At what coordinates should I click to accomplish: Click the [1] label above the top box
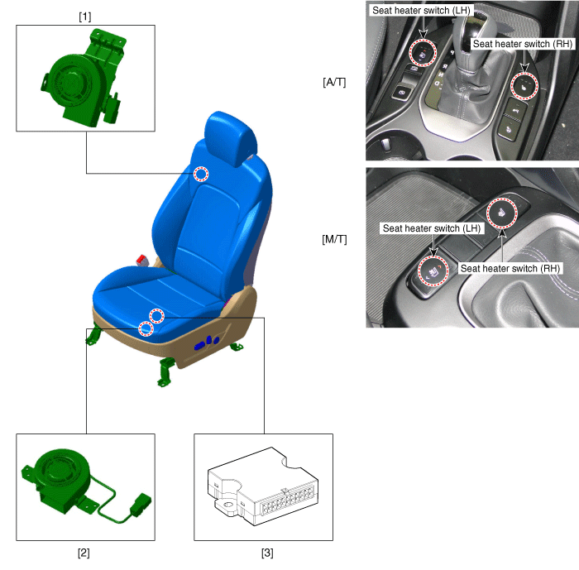pyautogui.click(x=85, y=17)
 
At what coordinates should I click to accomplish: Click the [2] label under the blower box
pyautogui.click(x=84, y=553)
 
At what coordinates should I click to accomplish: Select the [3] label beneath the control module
pyautogui.click(x=267, y=553)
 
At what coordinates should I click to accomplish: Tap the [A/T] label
pyautogui.click(x=334, y=82)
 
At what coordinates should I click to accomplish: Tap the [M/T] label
pyautogui.click(x=334, y=239)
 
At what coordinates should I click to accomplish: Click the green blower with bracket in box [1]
pyautogui.click(x=84, y=79)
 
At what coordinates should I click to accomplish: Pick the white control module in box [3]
pyautogui.click(x=263, y=486)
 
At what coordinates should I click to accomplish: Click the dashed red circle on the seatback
pyautogui.click(x=201, y=174)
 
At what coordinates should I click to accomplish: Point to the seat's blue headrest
pyautogui.click(x=231, y=138)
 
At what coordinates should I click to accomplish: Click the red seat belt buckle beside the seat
pyautogui.click(x=141, y=260)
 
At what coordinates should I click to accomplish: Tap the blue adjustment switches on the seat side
pyautogui.click(x=207, y=342)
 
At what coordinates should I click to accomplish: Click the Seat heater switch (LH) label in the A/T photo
pyautogui.click(x=421, y=11)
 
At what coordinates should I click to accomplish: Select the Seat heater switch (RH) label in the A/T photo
pyautogui.click(x=522, y=44)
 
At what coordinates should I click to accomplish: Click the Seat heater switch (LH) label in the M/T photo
pyautogui.click(x=432, y=228)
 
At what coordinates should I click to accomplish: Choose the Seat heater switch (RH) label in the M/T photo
pyautogui.click(x=510, y=268)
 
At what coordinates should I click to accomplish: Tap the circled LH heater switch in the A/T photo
pyautogui.click(x=423, y=52)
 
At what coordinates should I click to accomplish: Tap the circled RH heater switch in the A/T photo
pyautogui.click(x=524, y=86)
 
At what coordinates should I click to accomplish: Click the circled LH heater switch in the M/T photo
pyautogui.click(x=433, y=271)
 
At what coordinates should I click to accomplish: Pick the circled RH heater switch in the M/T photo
pyautogui.click(x=502, y=213)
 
